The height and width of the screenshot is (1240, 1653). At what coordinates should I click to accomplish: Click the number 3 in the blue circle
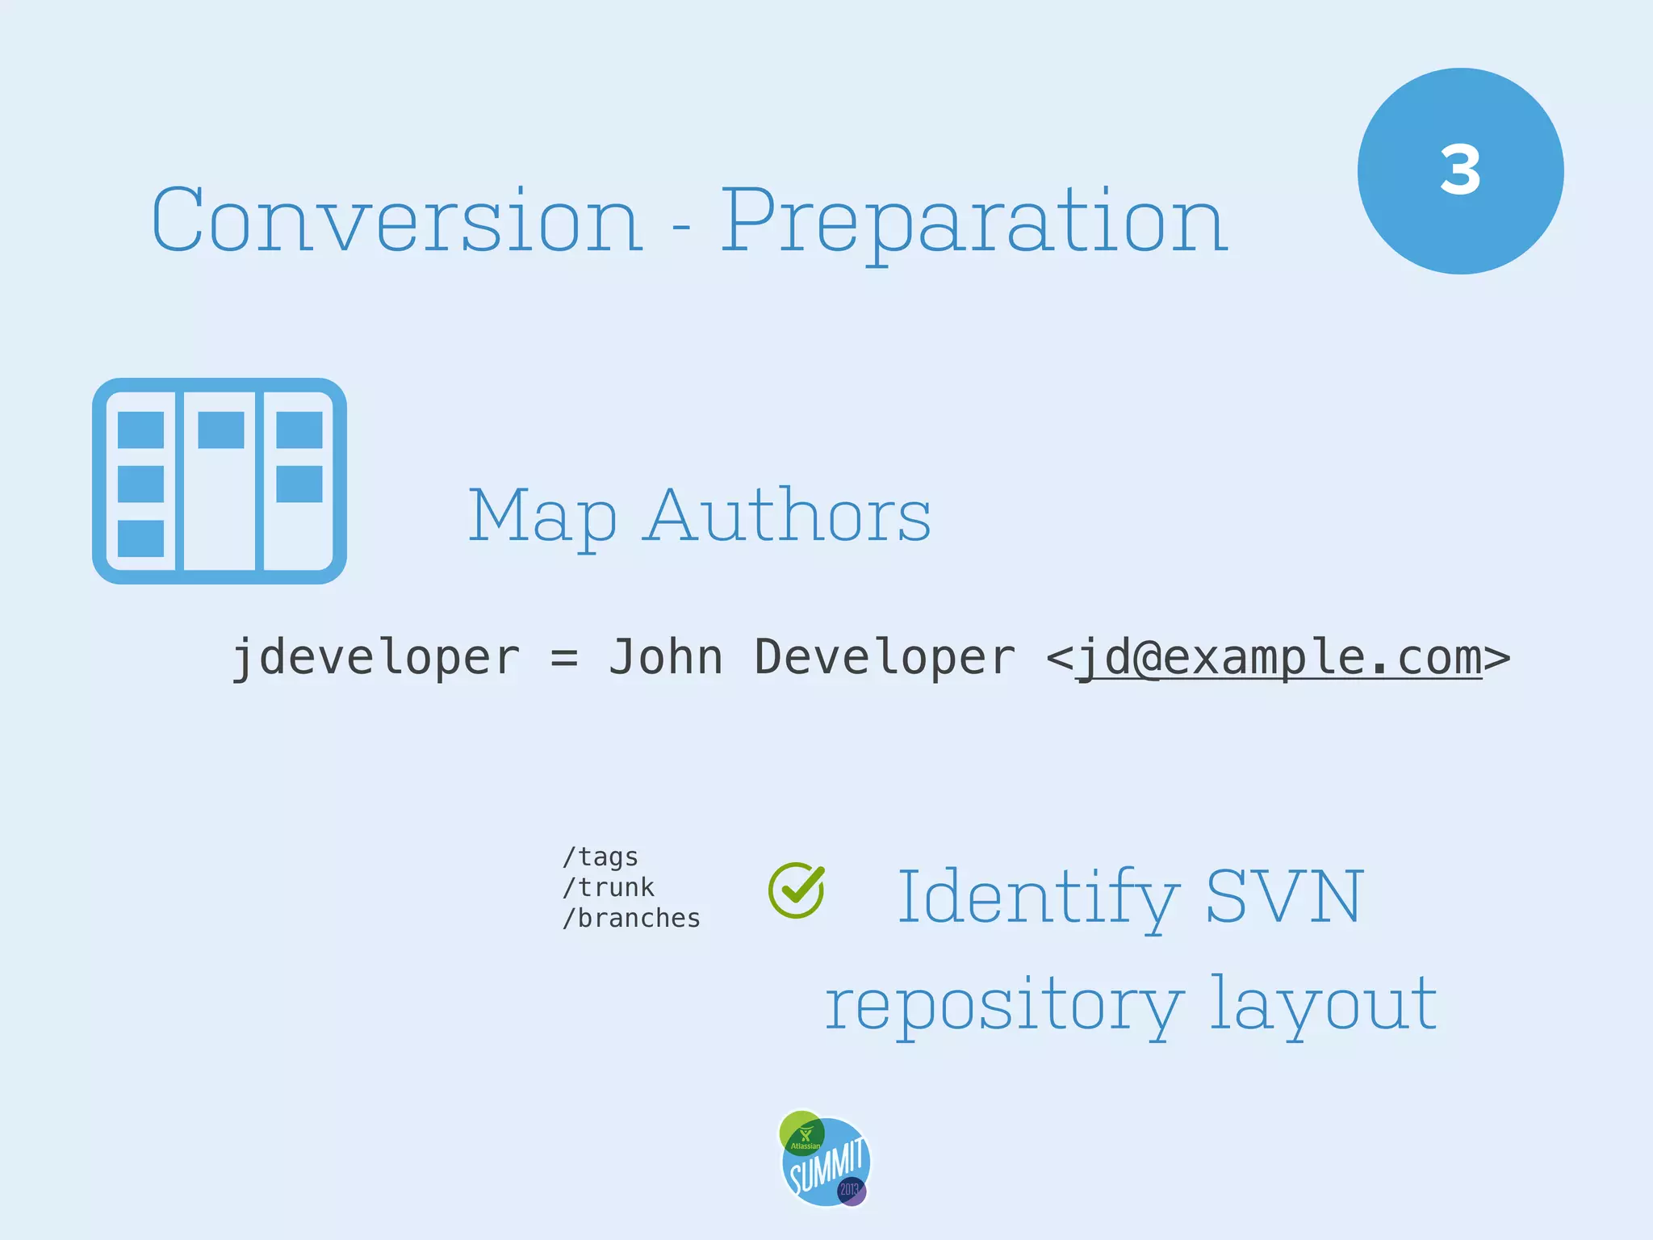pyautogui.click(x=1460, y=170)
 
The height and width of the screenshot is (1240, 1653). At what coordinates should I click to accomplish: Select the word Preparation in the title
pyautogui.click(x=973, y=221)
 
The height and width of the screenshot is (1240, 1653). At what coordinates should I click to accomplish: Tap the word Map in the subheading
pyautogui.click(x=542, y=517)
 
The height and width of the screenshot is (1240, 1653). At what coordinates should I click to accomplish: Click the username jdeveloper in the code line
pyautogui.click(x=375, y=657)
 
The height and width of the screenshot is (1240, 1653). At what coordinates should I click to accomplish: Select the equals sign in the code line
pyautogui.click(x=564, y=657)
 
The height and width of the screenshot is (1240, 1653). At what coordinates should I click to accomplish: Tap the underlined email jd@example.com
pyautogui.click(x=1279, y=657)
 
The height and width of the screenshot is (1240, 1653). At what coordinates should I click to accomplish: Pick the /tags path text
pyautogui.click(x=601, y=857)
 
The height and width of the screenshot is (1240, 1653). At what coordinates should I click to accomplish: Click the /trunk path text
pyautogui.click(x=609, y=887)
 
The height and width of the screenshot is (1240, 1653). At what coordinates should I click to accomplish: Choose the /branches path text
pyautogui.click(x=631, y=918)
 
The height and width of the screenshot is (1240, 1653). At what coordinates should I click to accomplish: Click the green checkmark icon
pyautogui.click(x=797, y=890)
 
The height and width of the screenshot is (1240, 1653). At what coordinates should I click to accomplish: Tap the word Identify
pyautogui.click(x=1038, y=898)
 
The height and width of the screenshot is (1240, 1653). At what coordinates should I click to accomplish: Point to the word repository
pyautogui.click(x=1004, y=1006)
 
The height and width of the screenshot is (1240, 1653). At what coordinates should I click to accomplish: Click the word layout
pyautogui.click(x=1324, y=1004)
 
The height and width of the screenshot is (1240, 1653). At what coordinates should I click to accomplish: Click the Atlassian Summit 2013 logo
pyautogui.click(x=825, y=1159)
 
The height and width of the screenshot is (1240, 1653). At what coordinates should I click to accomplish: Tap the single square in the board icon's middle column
pyautogui.click(x=220, y=429)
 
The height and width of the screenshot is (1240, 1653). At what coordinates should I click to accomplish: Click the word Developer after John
pyautogui.click(x=885, y=657)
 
